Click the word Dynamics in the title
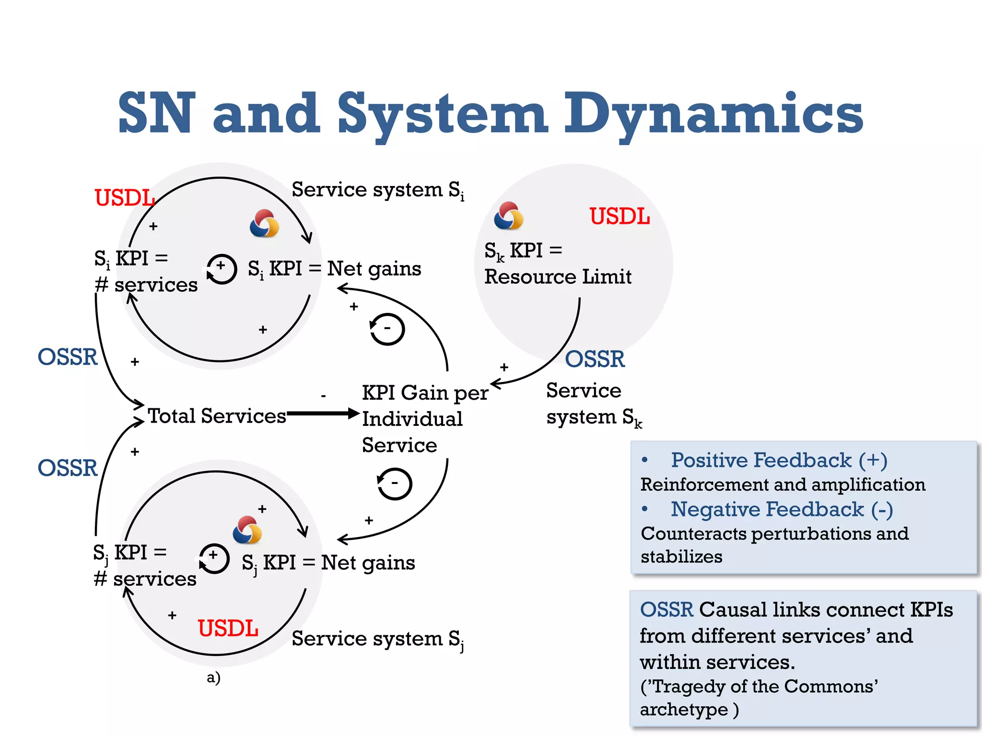point(713,114)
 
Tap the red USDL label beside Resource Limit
point(620,217)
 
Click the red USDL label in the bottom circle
point(228,628)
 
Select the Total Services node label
point(217,416)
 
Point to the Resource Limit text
point(558,277)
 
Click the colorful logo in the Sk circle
point(508,216)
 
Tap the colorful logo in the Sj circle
point(247,530)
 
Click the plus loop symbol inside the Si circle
point(222,269)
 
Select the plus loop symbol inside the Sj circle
point(214,558)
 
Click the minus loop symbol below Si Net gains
point(387,329)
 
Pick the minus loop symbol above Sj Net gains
point(394,483)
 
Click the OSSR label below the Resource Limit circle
point(595,359)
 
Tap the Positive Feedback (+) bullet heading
point(779,460)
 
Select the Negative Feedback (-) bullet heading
point(781,509)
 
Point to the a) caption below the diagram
point(213,678)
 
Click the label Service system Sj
point(377,639)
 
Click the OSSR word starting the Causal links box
point(666,610)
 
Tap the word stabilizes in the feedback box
point(681,557)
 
